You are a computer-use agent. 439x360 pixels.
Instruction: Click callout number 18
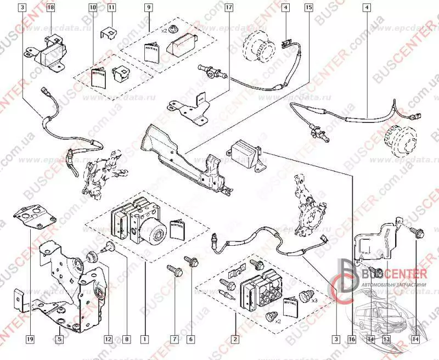(x=50, y=8)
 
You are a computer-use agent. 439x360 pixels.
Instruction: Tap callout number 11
(x=111, y=8)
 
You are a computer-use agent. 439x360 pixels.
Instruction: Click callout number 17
(x=229, y=8)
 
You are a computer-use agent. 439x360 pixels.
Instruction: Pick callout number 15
(x=309, y=8)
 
